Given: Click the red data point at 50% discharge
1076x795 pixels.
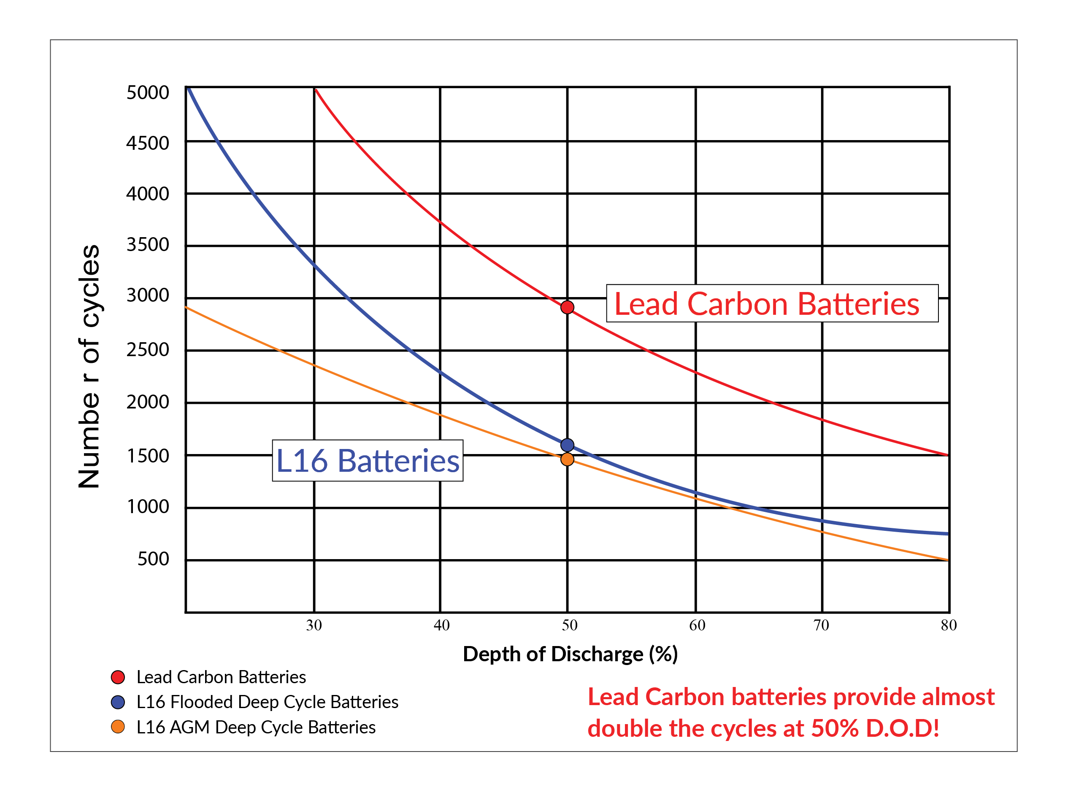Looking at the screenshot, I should click(x=568, y=307).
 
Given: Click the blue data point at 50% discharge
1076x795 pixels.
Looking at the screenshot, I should click(x=568, y=445).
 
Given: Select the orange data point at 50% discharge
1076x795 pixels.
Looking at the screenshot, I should click(x=568, y=459).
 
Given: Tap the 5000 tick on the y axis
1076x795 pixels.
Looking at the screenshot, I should click(x=148, y=92).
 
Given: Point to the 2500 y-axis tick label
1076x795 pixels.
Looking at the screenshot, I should click(x=148, y=349).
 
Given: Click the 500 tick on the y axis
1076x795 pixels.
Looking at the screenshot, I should click(x=153, y=559).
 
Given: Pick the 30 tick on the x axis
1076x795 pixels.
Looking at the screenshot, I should click(x=314, y=625).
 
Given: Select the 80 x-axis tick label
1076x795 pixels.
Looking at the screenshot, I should click(x=949, y=625).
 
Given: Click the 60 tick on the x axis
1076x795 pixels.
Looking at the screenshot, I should click(x=697, y=625).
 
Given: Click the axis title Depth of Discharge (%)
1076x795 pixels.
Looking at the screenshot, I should click(x=570, y=654).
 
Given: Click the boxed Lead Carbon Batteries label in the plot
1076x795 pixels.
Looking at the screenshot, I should click(x=771, y=304).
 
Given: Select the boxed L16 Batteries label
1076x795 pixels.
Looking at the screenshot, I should click(x=368, y=460).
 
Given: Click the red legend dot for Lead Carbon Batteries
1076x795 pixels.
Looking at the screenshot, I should click(x=118, y=677).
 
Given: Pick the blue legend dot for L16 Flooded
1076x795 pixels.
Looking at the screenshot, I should click(x=118, y=702).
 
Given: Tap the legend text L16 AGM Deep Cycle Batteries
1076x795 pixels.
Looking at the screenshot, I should click(x=256, y=727).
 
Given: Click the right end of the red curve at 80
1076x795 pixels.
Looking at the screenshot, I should click(x=947, y=455).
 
